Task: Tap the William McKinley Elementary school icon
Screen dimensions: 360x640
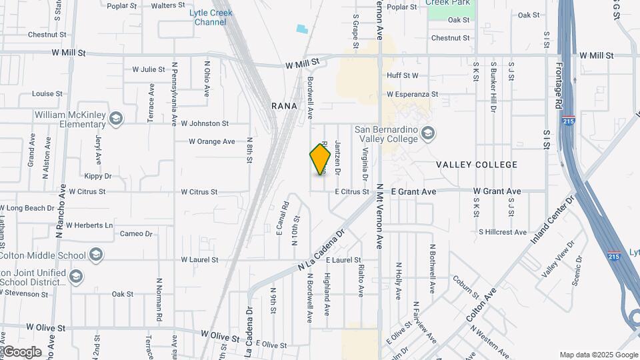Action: click(x=117, y=119)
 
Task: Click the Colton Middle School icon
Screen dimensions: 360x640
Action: click(x=97, y=255)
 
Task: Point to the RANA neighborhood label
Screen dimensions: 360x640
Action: click(x=283, y=106)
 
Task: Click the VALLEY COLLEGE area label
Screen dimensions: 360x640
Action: click(x=477, y=165)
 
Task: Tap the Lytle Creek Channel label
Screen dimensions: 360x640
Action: click(x=211, y=17)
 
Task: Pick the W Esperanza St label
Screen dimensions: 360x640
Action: click(x=412, y=95)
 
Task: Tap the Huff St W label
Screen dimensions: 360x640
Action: click(x=403, y=76)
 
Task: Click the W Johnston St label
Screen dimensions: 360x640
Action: click(x=200, y=123)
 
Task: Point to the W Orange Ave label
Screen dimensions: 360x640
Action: click(x=212, y=141)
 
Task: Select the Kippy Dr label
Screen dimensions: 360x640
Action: click(x=98, y=176)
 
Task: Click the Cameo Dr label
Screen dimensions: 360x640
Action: click(x=137, y=234)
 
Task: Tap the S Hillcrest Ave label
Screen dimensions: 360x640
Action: click(x=503, y=232)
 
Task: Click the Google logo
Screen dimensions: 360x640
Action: click(x=21, y=352)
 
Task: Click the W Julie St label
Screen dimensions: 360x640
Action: click(x=149, y=69)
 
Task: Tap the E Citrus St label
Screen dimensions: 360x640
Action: click(x=352, y=192)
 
